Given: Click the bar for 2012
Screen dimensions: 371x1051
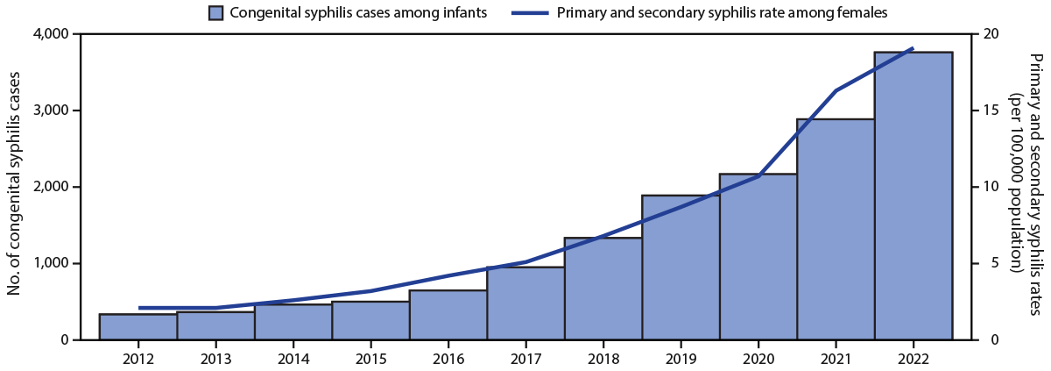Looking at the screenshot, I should coord(138,326).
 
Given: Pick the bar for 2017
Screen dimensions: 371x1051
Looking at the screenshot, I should coord(525,303).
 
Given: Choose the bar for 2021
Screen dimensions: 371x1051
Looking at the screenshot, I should coord(836,229).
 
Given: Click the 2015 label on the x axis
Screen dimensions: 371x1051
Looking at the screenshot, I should coord(370,358).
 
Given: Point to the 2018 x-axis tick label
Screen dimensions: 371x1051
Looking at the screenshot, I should coord(603,358).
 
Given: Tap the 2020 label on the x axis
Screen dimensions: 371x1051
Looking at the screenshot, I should coord(758,358).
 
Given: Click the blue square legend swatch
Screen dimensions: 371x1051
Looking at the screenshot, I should coord(215,12).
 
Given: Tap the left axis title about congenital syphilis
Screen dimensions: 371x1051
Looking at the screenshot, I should coord(15,187).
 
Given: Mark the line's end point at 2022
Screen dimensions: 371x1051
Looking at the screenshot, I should coord(913,48).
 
